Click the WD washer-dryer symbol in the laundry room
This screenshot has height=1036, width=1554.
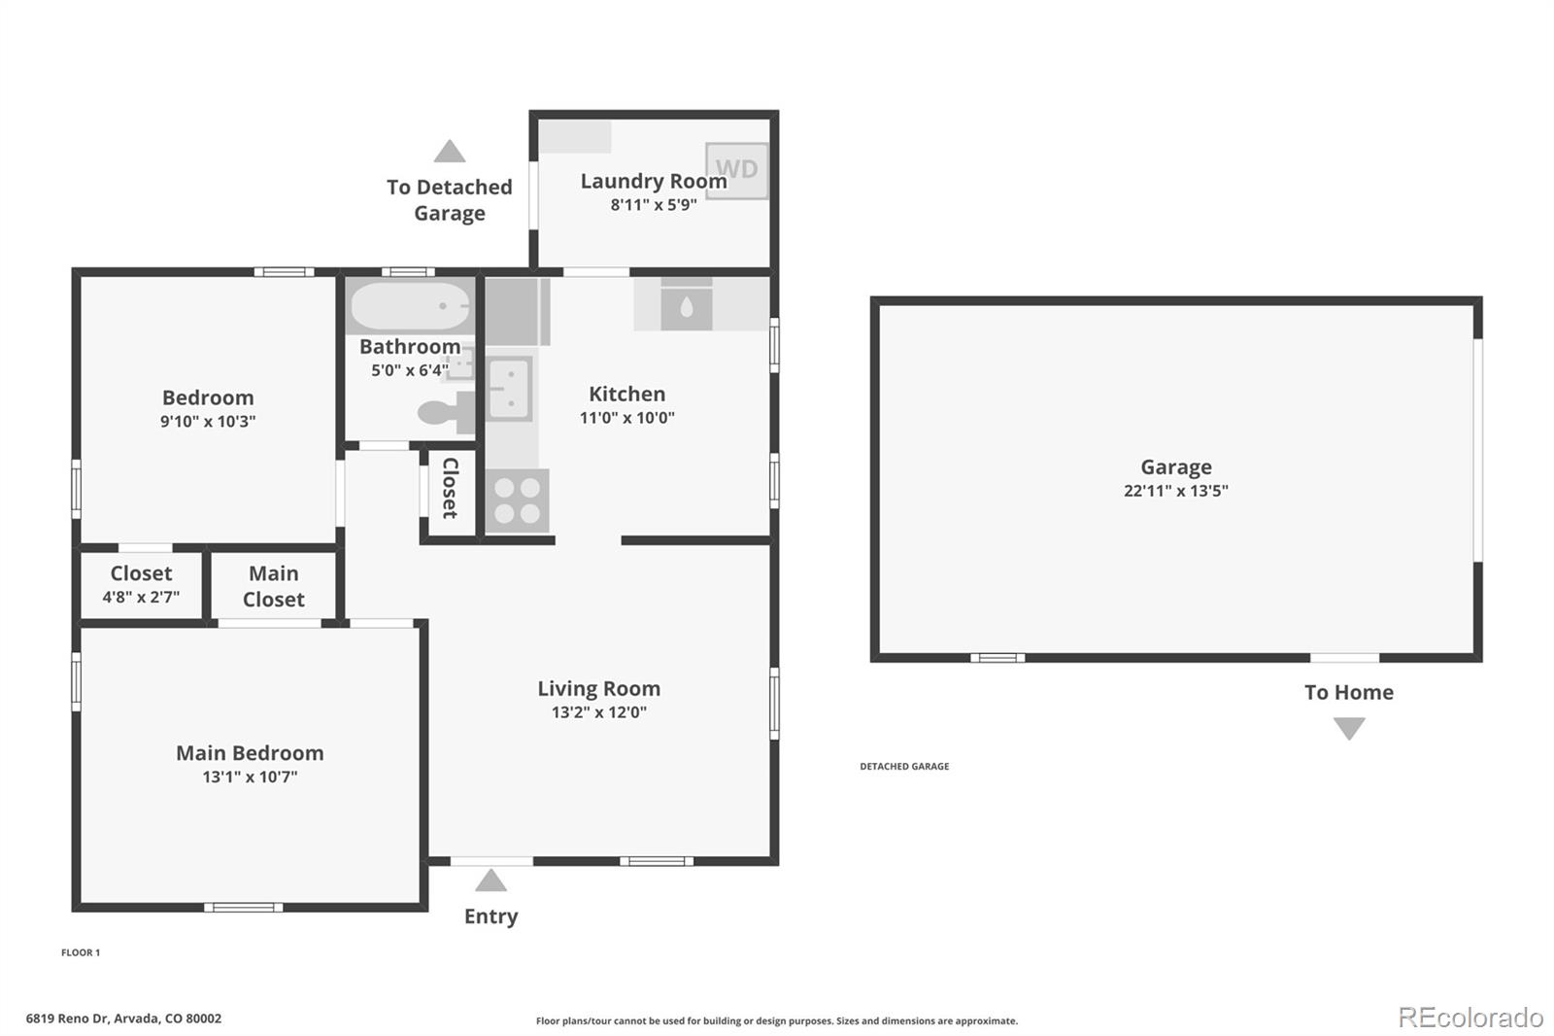click(x=736, y=170)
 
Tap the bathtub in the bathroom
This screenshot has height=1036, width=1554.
click(x=409, y=306)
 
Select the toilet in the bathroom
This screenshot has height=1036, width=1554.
click(x=447, y=412)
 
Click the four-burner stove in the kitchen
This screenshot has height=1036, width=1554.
click(x=517, y=501)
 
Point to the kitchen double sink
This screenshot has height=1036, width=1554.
click(x=508, y=389)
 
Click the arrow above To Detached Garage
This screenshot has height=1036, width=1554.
click(x=449, y=152)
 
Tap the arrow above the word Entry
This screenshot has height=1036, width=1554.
click(x=490, y=881)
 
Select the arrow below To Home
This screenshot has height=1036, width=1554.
click(x=1349, y=728)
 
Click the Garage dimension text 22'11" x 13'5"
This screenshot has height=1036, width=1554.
click(x=1175, y=491)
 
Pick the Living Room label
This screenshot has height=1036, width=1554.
click(x=598, y=688)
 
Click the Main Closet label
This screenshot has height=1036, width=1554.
click(x=273, y=586)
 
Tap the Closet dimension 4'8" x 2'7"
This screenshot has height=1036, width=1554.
click(x=141, y=597)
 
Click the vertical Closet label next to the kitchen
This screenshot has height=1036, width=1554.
click(x=451, y=488)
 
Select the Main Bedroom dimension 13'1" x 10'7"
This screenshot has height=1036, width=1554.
click(x=250, y=777)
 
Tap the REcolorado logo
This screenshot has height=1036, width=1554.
click(x=1470, y=1017)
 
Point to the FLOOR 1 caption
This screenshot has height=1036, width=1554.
click(x=81, y=952)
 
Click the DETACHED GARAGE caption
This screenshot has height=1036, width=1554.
click(x=904, y=766)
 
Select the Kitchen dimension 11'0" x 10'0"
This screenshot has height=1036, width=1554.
click(x=626, y=418)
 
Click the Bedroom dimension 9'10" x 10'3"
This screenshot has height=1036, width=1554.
click(x=208, y=421)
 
